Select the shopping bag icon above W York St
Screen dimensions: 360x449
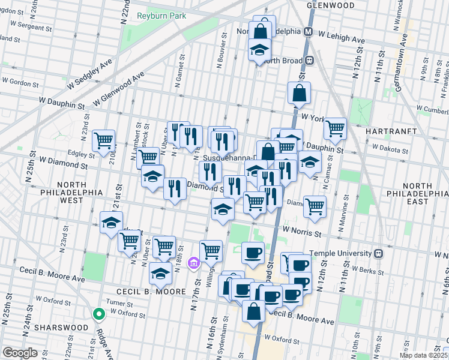click(299, 94)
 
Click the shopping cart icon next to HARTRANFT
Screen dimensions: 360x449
click(335, 127)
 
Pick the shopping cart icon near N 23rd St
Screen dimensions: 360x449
click(104, 140)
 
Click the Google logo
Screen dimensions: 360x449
click(20, 353)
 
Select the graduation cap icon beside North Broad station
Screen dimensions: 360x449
click(260, 50)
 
